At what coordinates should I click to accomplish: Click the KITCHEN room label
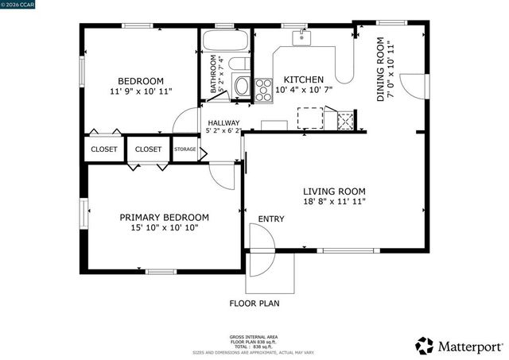304,79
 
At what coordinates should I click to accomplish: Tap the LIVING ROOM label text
334,191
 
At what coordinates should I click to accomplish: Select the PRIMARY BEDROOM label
164,217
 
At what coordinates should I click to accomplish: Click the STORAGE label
185,149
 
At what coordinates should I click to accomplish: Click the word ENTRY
270,219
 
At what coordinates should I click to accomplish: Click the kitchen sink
301,37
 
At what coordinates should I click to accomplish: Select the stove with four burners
264,89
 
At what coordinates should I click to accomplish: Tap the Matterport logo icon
425,346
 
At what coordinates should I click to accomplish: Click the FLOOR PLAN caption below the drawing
254,304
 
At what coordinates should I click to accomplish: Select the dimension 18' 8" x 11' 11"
334,202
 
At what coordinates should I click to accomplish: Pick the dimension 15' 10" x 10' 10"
164,228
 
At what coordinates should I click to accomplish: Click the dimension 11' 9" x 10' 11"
141,92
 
